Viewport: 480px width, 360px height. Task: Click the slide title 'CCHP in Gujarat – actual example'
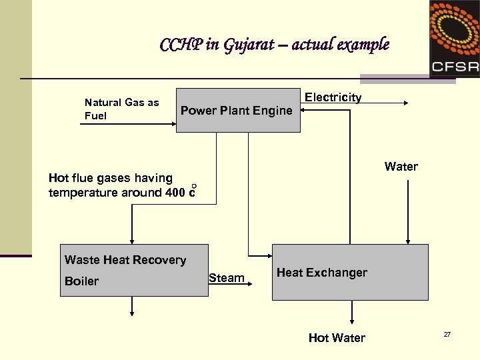pos(274,45)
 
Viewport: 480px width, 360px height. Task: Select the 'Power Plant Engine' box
pos(238,111)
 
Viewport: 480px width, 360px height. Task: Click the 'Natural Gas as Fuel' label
pos(121,109)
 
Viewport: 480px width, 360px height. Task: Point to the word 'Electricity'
pos(333,97)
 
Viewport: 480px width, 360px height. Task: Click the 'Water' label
pos(401,167)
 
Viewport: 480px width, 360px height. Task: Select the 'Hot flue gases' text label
pos(111,178)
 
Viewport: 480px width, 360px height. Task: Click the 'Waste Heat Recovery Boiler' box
pos(133,270)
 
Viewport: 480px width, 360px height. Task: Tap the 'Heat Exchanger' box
pos(350,272)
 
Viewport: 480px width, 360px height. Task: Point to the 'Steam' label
pos(226,278)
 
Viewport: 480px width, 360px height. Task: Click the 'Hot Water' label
pos(337,338)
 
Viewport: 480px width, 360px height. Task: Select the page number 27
pos(447,334)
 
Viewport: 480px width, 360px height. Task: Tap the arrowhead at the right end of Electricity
pos(407,103)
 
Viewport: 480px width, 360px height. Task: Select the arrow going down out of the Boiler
pos(132,305)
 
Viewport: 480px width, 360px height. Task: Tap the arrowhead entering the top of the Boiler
pos(132,240)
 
